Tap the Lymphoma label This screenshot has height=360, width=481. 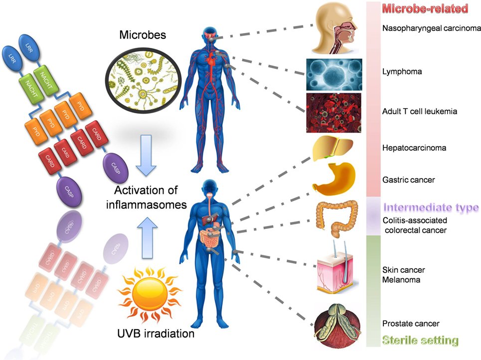(x=402, y=72)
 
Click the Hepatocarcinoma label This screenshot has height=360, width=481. (x=414, y=148)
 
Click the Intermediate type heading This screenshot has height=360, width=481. (x=431, y=207)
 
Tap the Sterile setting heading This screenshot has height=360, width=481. (x=420, y=341)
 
